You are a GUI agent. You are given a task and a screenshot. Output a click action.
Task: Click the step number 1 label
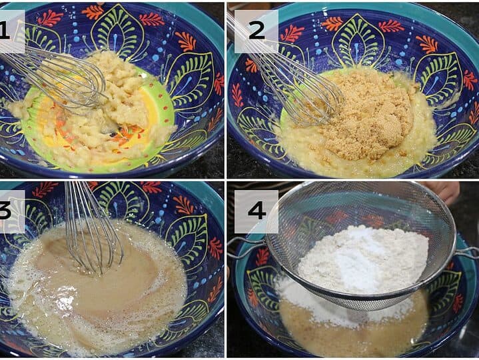point(4,31)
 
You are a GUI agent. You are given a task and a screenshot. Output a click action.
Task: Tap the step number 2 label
point(256,31)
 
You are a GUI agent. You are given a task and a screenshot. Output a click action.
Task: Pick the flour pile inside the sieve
point(364,260)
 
